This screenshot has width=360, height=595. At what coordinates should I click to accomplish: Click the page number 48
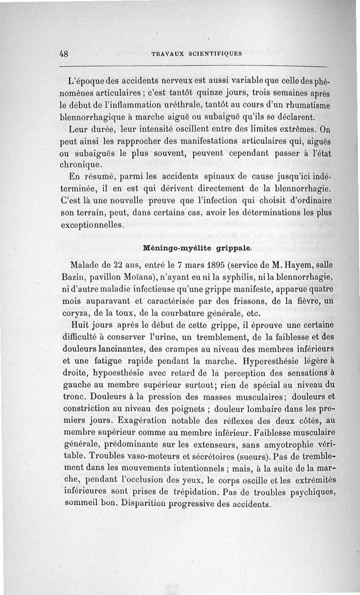tap(63, 53)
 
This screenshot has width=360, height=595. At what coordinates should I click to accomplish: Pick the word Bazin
tap(72, 275)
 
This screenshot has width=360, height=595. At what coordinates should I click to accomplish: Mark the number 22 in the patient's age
tap(116, 264)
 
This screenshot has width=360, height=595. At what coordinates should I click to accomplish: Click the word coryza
tap(75, 312)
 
